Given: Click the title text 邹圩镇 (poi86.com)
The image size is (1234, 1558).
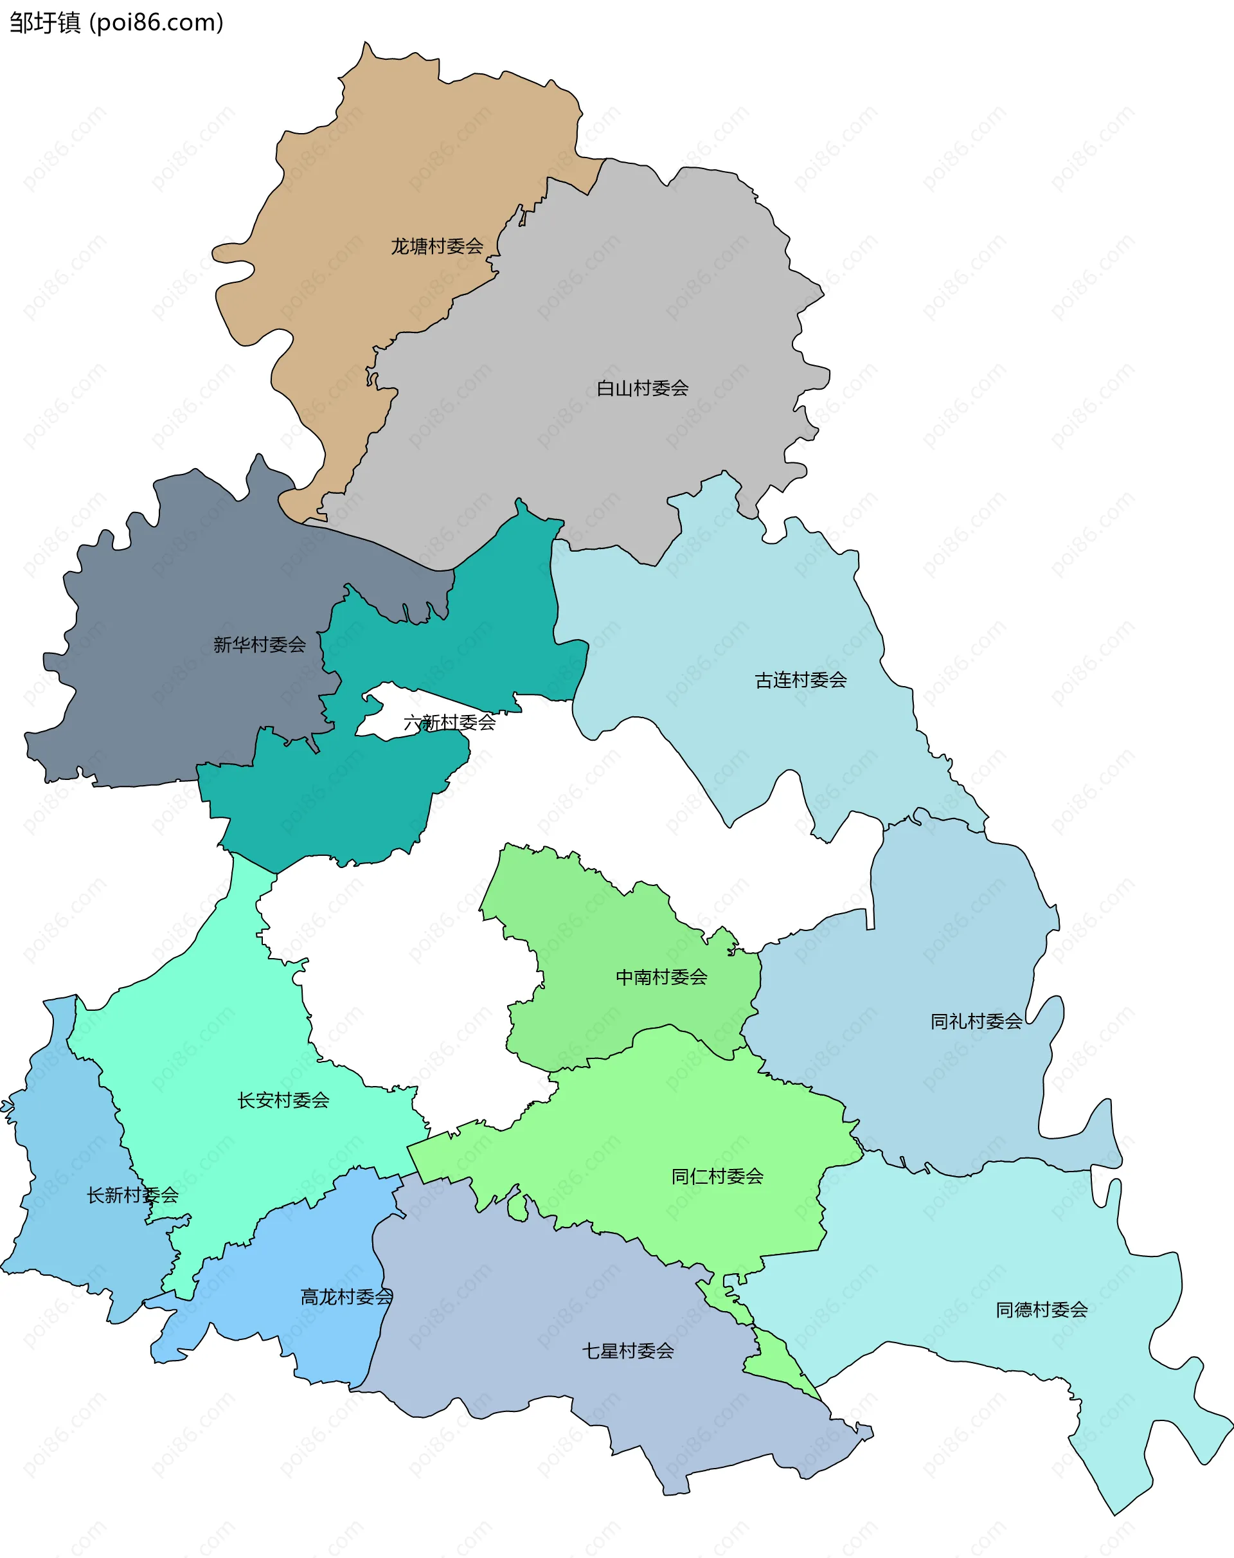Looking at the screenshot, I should [116, 23].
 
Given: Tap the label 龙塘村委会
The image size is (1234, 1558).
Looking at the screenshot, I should [437, 246].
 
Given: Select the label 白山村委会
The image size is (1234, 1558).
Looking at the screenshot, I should [642, 388].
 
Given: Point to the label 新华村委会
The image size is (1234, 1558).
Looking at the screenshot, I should [260, 644].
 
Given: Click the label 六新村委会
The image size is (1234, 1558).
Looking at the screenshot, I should [449, 722].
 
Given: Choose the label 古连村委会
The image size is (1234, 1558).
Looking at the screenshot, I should [801, 680].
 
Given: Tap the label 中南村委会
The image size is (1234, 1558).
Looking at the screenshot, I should [661, 977].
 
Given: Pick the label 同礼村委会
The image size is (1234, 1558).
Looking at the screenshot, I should [976, 1021].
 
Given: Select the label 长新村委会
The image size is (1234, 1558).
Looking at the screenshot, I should [132, 1195].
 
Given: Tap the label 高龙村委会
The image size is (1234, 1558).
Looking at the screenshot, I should [347, 1296].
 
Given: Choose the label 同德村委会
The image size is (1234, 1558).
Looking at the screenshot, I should [1041, 1309].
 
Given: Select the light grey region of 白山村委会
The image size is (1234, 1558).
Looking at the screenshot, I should [650, 303].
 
